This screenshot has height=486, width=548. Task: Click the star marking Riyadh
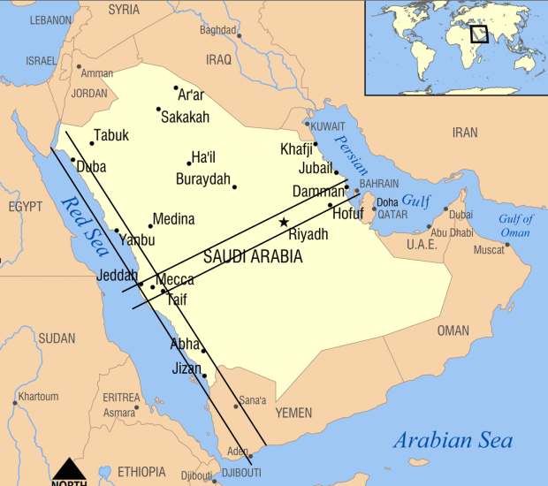click(x=284, y=222)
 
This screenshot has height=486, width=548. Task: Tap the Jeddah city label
click(x=117, y=276)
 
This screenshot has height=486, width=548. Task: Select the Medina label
click(x=174, y=219)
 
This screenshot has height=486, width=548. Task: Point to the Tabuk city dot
click(x=92, y=143)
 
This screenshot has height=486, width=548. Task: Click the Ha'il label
click(x=204, y=157)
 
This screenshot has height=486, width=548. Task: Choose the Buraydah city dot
click(x=234, y=186)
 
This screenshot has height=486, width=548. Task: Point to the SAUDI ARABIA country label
click(x=252, y=257)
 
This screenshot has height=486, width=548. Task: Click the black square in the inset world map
click(x=479, y=34)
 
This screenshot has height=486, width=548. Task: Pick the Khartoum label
click(x=38, y=397)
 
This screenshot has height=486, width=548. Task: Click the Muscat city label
click(x=489, y=250)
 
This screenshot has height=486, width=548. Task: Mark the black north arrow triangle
click(x=68, y=468)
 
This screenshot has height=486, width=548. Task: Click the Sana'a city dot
click(x=236, y=406)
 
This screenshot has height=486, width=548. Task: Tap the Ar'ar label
click(x=191, y=95)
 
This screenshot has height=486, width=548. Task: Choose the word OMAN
click(x=453, y=330)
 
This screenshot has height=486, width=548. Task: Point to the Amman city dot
click(x=79, y=66)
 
